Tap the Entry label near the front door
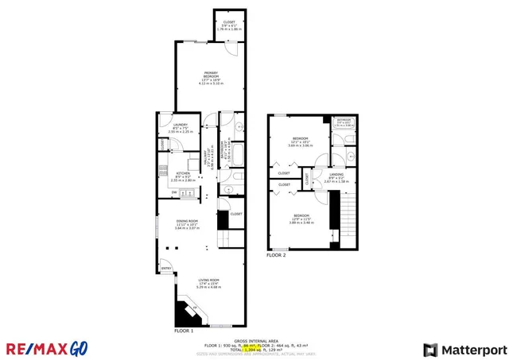click(x=166, y=268)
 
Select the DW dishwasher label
click(x=174, y=192)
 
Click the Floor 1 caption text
click(x=184, y=329)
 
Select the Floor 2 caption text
click(x=276, y=255)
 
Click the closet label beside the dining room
click(x=236, y=214)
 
